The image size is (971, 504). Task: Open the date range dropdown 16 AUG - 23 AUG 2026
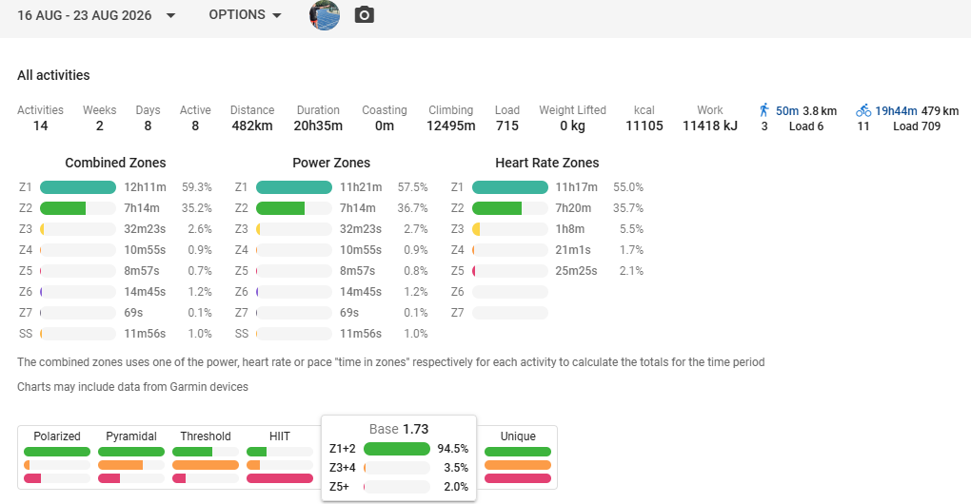[x=96, y=15]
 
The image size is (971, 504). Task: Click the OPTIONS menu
[x=245, y=15]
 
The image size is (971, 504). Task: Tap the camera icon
[x=364, y=15]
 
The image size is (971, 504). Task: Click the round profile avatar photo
[x=325, y=15]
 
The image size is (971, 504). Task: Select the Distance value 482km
[x=252, y=126]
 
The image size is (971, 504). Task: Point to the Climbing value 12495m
[x=451, y=126]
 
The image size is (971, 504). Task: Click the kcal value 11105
[x=644, y=126]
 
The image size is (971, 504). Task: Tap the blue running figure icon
[x=764, y=110]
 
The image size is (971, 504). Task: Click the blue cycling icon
[x=863, y=110]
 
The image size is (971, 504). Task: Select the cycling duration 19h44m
[x=896, y=111]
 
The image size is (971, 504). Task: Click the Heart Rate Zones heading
[x=546, y=163]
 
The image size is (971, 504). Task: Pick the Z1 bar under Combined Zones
[x=78, y=187]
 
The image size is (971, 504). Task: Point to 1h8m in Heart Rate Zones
[x=569, y=229]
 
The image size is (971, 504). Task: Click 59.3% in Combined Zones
[x=196, y=187]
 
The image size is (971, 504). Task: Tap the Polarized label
[x=57, y=436]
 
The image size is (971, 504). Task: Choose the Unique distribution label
[x=518, y=436]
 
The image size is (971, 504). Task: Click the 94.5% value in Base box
[x=453, y=449]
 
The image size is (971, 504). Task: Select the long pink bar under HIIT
[x=280, y=478]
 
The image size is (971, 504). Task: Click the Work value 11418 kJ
[x=709, y=126]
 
